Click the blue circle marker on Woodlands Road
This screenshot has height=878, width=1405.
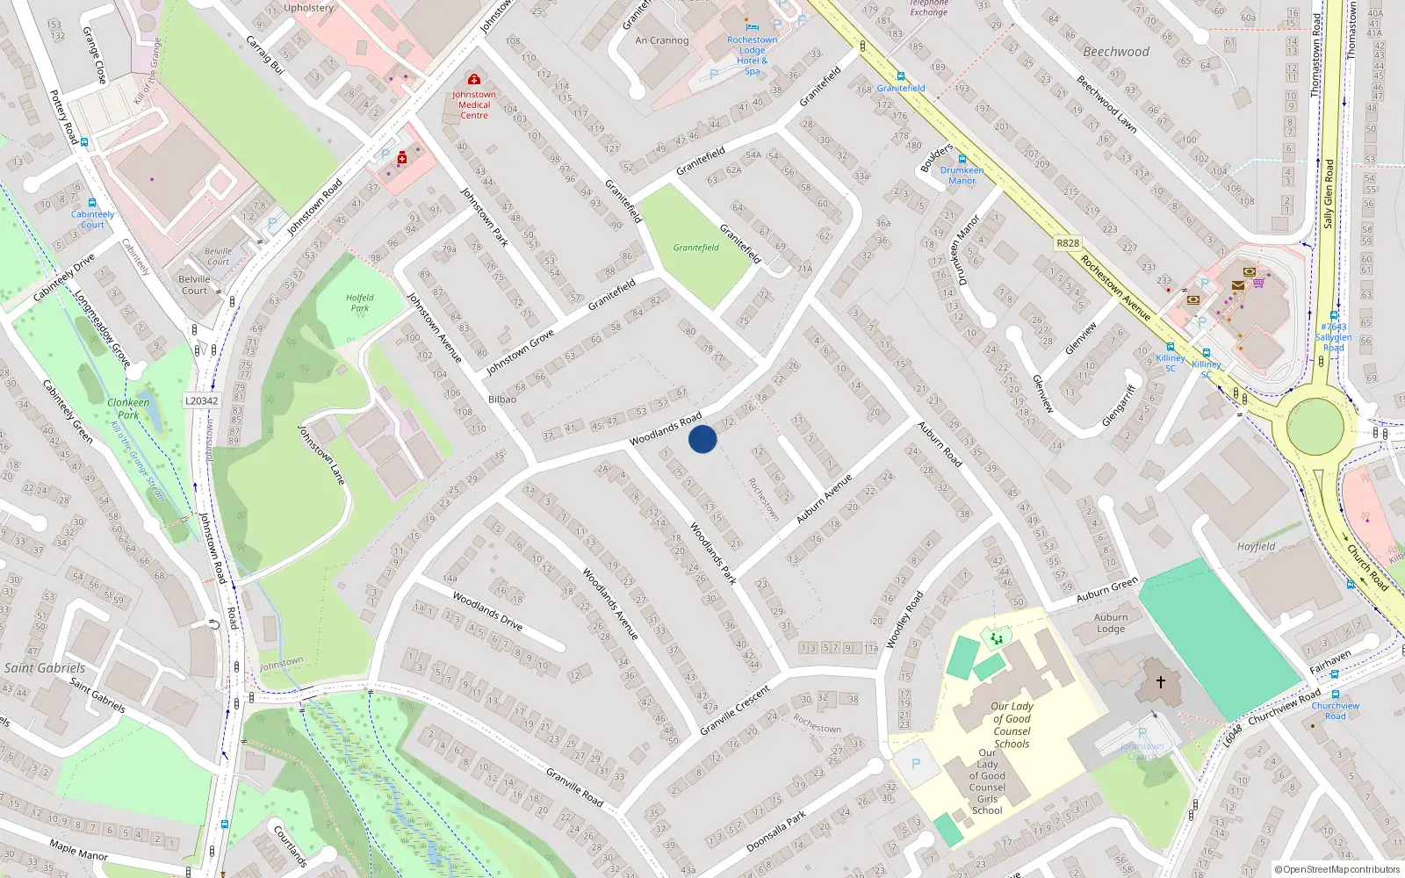(702, 439)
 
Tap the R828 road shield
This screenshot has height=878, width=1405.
(1068, 243)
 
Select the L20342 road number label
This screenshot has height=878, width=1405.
(201, 400)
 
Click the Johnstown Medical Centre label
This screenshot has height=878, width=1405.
(474, 104)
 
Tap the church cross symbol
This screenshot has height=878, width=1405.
(1160, 681)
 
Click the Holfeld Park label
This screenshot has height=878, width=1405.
(360, 303)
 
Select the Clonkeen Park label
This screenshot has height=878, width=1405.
(128, 408)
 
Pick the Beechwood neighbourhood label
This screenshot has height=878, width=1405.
(1116, 52)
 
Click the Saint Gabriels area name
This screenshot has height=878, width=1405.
(45, 668)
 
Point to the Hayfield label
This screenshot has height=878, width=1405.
(1256, 546)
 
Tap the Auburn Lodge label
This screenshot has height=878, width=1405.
(1111, 623)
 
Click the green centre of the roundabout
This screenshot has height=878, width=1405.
(1315, 427)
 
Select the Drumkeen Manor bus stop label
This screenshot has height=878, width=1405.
(962, 176)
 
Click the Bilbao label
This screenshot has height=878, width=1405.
(502, 399)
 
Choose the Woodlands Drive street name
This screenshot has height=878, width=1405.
(487, 611)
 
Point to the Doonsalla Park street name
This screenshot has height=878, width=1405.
(776, 831)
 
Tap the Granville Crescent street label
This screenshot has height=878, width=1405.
(735, 709)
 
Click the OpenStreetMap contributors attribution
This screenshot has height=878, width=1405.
(1337, 870)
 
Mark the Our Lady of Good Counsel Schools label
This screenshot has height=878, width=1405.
(1012, 724)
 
